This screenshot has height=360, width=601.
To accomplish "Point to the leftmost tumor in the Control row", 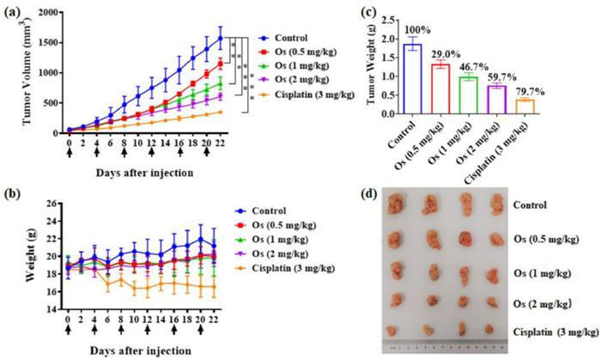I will click(397, 204).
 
